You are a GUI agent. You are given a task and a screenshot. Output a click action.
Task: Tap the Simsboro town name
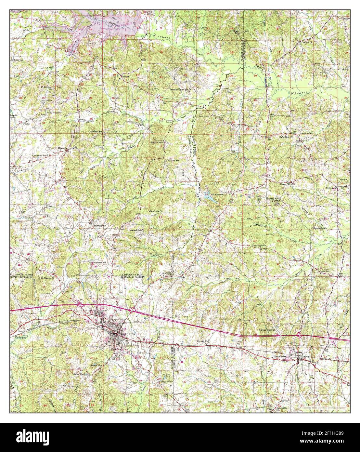(278, 356)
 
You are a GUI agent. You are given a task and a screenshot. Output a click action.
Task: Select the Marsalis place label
(62, 148)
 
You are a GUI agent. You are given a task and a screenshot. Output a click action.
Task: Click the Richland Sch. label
(96, 132)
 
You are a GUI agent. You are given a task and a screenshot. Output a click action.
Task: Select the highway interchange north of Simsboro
(299, 335)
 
